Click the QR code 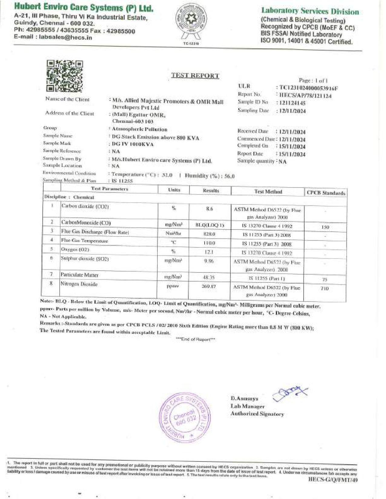(x=64, y=76)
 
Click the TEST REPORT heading (x=195, y=76)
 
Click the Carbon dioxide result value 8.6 (x=209, y=209)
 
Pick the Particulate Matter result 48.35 (x=209, y=277)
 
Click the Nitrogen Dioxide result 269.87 (x=209, y=286)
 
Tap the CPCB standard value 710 (x=325, y=289)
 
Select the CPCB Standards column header (x=326, y=193)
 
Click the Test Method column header (x=268, y=191)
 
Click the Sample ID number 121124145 (x=292, y=103)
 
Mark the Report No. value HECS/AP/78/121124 (x=305, y=96)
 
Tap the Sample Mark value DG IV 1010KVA (x=133, y=144)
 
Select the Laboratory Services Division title (x=310, y=11)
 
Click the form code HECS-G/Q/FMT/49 (x=333, y=479)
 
